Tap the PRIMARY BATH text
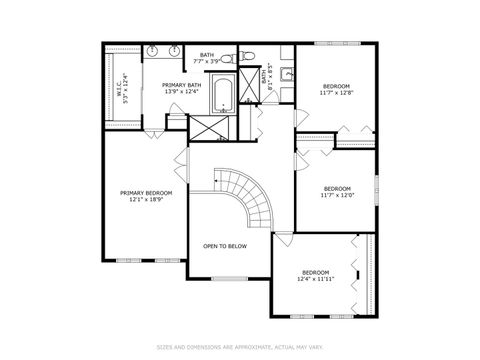coord(182,85)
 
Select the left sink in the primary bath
coord(152,49)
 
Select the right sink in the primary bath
coord(174,49)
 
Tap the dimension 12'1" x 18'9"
coord(146,199)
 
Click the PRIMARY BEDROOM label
coord(146,192)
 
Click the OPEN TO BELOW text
coord(226,245)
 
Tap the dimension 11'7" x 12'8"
coord(337,93)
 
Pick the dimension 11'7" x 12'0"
coord(337,195)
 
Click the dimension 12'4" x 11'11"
coord(316,279)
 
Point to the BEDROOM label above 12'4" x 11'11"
coord(316,272)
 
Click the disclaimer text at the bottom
coord(240,347)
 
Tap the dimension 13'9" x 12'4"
coord(182,92)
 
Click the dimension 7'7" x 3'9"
coord(207,61)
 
